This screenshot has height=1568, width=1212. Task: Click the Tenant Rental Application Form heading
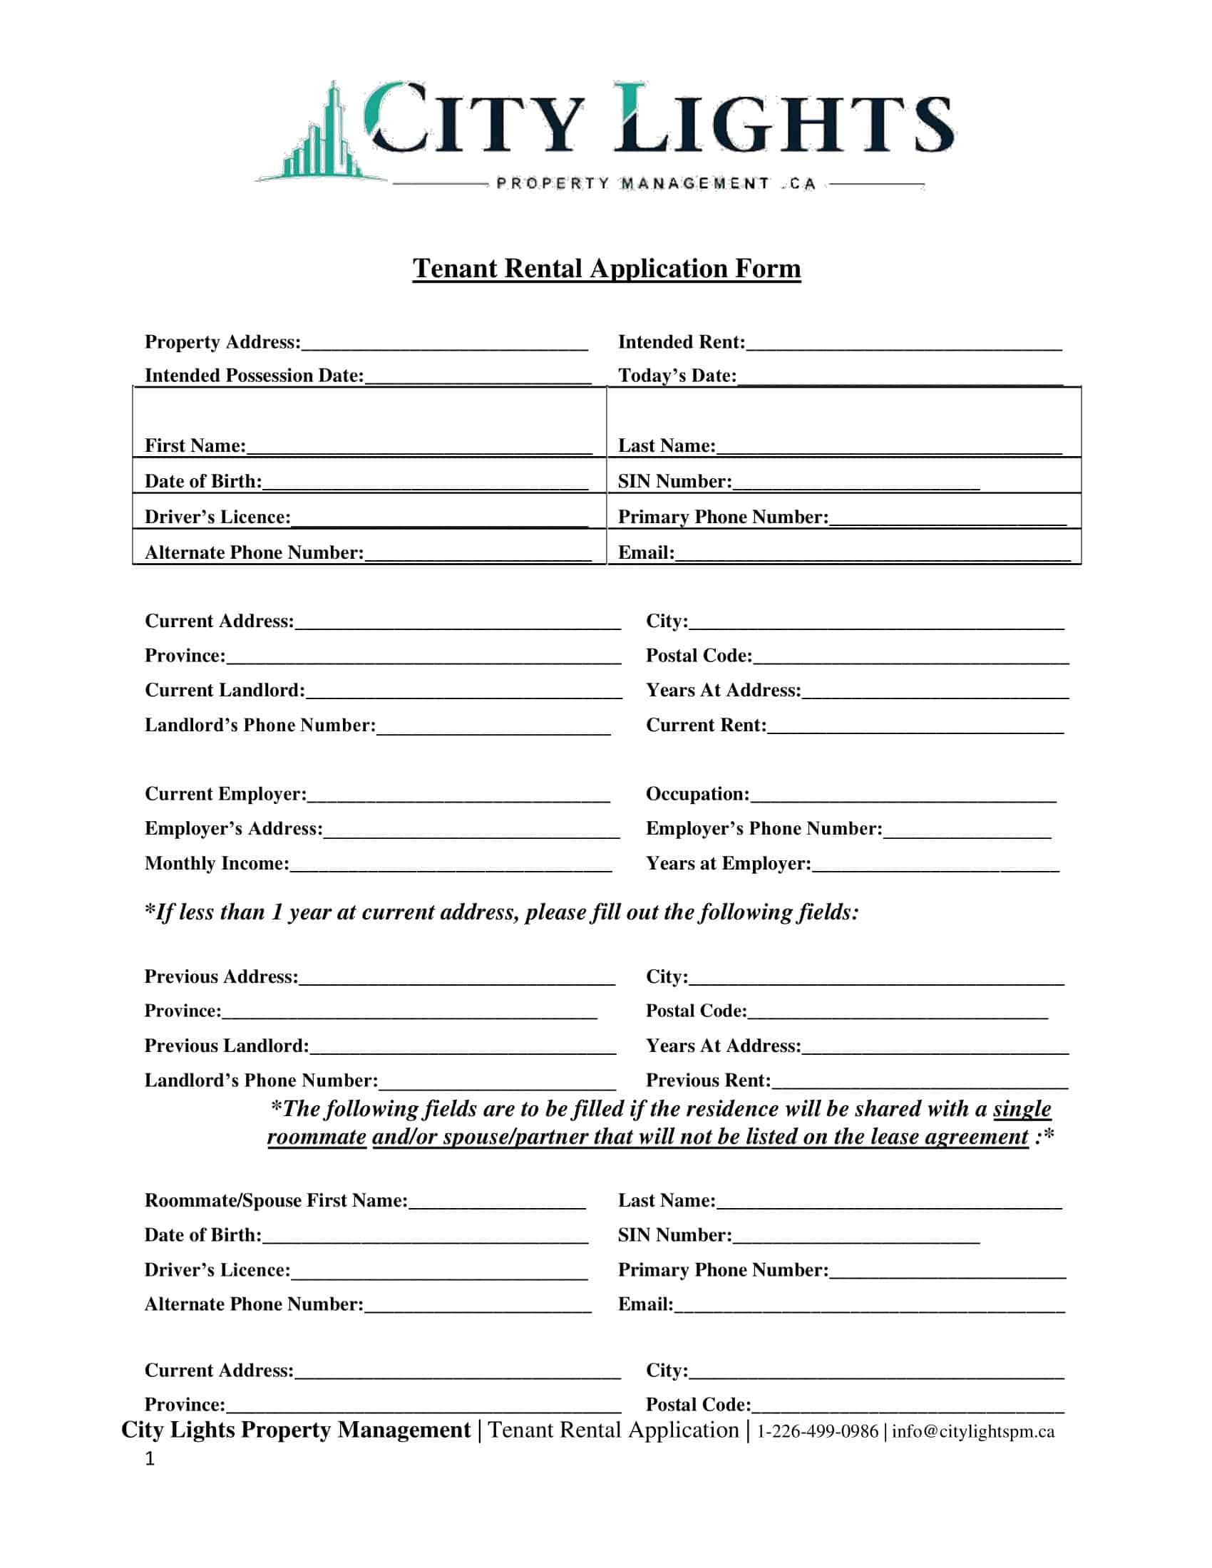pos(606,269)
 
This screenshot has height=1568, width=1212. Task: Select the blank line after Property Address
pos(444,345)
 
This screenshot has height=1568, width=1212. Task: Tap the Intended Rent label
pos(681,341)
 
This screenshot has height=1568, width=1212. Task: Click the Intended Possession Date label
pos(255,376)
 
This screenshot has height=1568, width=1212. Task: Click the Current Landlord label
pos(225,690)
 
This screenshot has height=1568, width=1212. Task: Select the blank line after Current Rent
pos(915,728)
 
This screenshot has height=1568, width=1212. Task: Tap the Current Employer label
pos(225,793)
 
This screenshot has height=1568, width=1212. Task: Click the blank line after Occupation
pos(903,797)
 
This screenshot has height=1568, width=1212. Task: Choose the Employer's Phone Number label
pos(764,828)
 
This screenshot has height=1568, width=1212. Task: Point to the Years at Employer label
pos(728,863)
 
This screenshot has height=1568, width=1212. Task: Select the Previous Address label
pos(221,976)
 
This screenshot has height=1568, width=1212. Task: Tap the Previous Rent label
pos(708,1080)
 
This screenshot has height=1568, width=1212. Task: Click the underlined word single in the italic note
pos(1022,1109)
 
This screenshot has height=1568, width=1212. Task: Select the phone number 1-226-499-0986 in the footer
pos(817,1431)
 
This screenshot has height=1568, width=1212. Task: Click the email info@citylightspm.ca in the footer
pos(973,1431)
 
